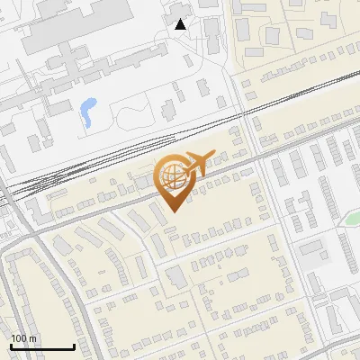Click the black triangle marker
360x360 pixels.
coord(180,24)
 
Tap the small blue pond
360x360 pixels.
coord(88,111)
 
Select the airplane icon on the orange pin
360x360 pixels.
coord(197,161)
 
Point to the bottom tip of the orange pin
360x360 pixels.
coord(173,211)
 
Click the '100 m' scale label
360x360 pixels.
coord(23,338)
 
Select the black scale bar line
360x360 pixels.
coord(41,347)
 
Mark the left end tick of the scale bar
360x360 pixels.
coord(10,346)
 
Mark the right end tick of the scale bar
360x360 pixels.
coord(74,346)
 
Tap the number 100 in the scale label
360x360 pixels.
coord(19,338)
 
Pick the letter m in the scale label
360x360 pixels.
coord(32,339)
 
